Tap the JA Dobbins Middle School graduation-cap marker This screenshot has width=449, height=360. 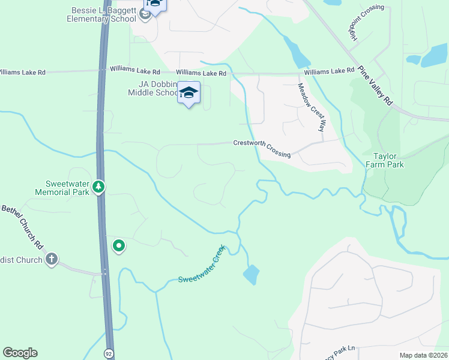pos(188,93)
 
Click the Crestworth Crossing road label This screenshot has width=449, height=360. pos(262,148)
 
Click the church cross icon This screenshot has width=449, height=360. pos(52,259)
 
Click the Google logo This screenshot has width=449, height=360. pos(20,353)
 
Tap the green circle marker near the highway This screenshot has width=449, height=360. pos(119,245)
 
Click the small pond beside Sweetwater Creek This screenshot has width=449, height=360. pos(251,275)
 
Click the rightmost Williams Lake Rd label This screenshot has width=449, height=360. pos(329,71)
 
